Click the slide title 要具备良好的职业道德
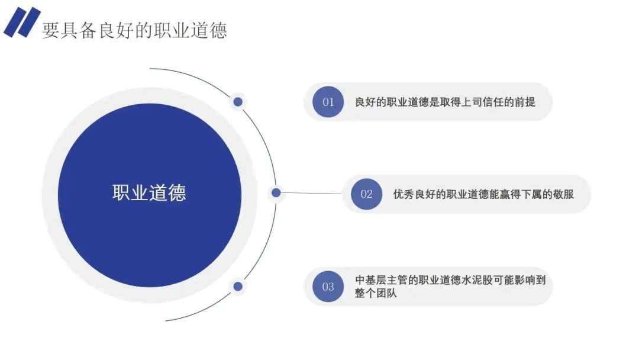134,30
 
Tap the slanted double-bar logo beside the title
22,22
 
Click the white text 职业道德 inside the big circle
149,193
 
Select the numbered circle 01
328,102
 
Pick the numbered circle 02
366,194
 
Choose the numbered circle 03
328,287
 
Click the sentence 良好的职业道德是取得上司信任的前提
445,102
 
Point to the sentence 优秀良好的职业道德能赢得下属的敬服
483,194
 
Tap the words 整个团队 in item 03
376,293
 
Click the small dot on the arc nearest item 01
238,102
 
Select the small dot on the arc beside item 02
276,192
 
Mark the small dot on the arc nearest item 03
238,287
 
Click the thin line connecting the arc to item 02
311,193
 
